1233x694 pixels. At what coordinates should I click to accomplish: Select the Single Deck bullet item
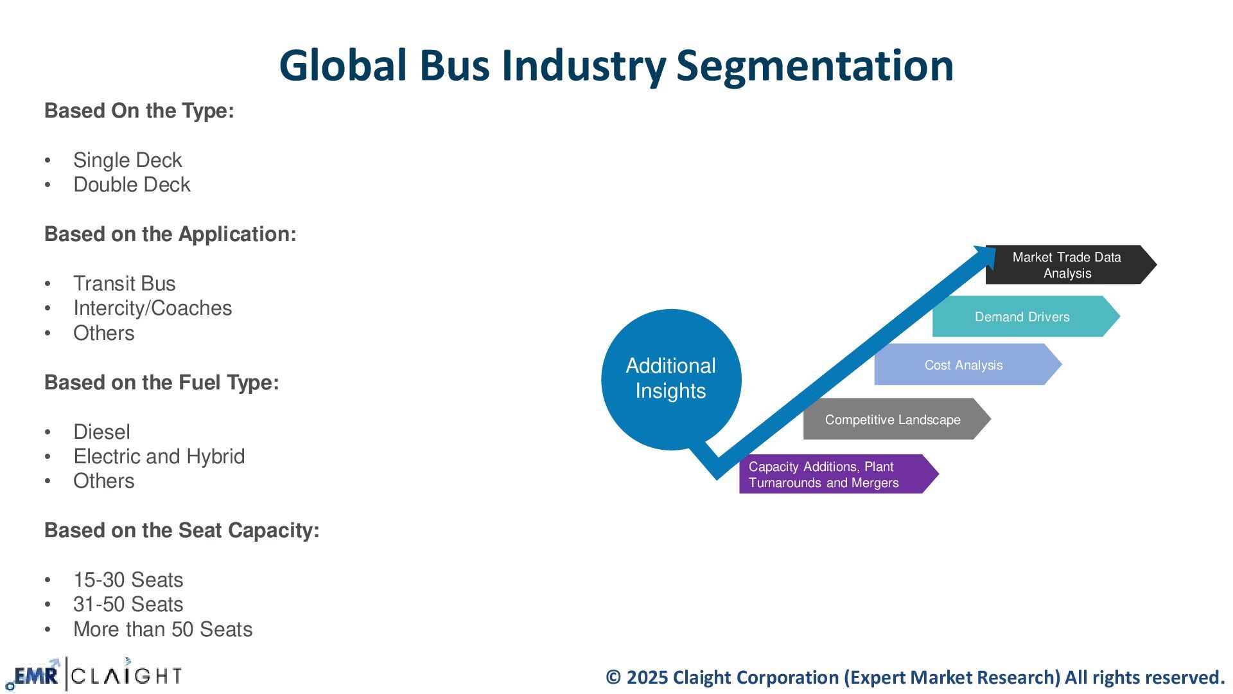127,160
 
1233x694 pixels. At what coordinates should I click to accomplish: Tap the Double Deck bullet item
132,184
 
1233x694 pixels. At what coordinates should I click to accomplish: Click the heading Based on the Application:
170,234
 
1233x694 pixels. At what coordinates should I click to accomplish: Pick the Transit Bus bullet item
124,283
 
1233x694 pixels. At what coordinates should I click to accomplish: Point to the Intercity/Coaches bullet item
152,308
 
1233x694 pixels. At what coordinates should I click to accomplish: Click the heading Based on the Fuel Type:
161,382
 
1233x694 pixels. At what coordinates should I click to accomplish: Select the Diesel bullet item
101,432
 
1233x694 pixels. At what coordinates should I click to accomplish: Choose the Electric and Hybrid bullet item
159,456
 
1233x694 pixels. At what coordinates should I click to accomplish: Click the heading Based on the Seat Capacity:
181,530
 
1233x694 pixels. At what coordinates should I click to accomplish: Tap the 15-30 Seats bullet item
128,580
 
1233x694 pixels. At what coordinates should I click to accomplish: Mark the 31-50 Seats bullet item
128,604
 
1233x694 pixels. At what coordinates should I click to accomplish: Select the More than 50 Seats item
162,629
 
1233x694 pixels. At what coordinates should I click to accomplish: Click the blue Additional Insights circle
670,378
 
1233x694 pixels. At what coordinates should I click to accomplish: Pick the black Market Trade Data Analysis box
1067,265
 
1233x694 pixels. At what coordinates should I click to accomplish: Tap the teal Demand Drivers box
1022,317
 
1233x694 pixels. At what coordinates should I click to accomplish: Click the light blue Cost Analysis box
963,365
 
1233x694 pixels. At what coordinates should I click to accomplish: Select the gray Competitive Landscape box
893,420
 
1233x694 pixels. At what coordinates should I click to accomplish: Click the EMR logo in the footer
35,675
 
